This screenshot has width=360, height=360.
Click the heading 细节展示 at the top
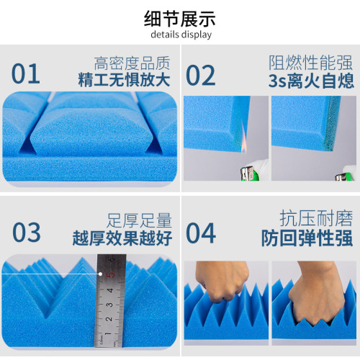point(180,18)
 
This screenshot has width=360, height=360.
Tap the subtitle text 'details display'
point(180,35)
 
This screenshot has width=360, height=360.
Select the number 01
point(26,73)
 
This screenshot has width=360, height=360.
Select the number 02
point(202,74)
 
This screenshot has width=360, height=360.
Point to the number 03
point(27,232)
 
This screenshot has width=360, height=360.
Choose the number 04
point(202,233)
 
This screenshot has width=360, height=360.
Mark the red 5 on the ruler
point(110,274)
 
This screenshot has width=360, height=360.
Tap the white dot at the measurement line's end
point(99,274)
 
